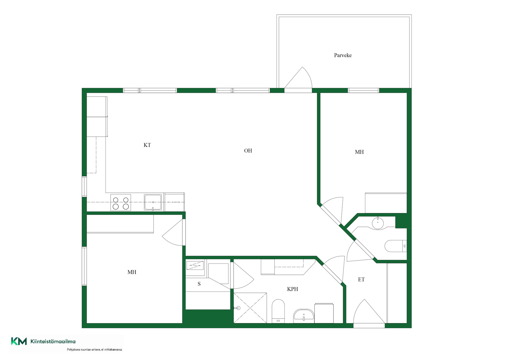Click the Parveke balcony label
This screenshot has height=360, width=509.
pyautogui.click(x=343, y=55)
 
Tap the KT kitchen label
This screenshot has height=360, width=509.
pyautogui.click(x=147, y=145)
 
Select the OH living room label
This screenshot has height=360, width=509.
pyautogui.click(x=248, y=151)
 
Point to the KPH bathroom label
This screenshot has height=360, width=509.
pyautogui.click(x=292, y=289)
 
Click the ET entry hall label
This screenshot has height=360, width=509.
pyautogui.click(x=361, y=279)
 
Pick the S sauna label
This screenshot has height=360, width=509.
pyautogui.click(x=199, y=284)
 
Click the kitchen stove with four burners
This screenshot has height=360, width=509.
pyautogui.click(x=121, y=203)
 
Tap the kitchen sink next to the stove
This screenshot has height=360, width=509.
pyautogui.click(x=153, y=202)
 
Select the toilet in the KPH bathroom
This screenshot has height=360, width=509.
pyautogui.click(x=278, y=311)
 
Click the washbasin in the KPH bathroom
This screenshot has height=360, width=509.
pyautogui.click(x=304, y=316)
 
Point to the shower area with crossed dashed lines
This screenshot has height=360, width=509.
pyautogui.click(x=250, y=308)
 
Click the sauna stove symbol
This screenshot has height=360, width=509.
pyautogui.click(x=195, y=265)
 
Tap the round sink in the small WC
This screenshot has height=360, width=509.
pyautogui.click(x=378, y=223)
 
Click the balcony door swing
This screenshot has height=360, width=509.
pyautogui.click(x=299, y=77)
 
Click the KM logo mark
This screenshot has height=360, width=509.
pyautogui.click(x=19, y=341)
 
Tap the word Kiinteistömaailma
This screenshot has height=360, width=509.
pyautogui.click(x=53, y=341)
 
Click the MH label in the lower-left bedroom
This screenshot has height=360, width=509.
pyautogui.click(x=132, y=272)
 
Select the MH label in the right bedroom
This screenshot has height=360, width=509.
pyautogui.click(x=359, y=152)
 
